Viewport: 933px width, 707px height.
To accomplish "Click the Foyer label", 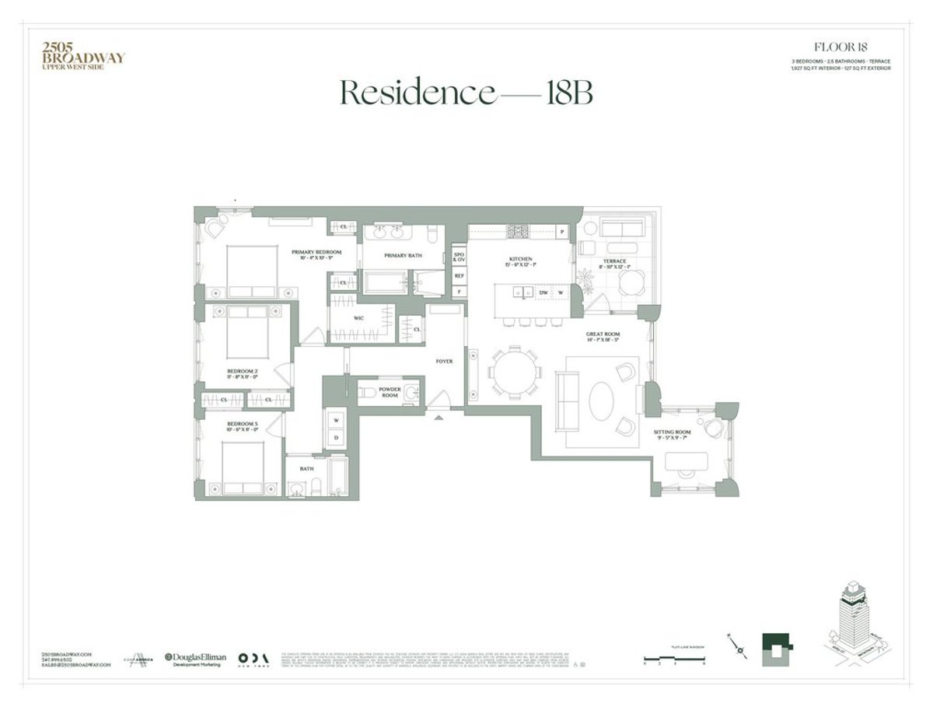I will coord(444,361).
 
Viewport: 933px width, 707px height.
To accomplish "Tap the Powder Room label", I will coord(390,391).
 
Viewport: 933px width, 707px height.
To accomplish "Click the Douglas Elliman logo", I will coord(195,658).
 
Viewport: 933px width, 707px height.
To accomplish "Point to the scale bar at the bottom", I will coord(674,660).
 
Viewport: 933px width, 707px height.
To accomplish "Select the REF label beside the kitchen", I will coord(459,275).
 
